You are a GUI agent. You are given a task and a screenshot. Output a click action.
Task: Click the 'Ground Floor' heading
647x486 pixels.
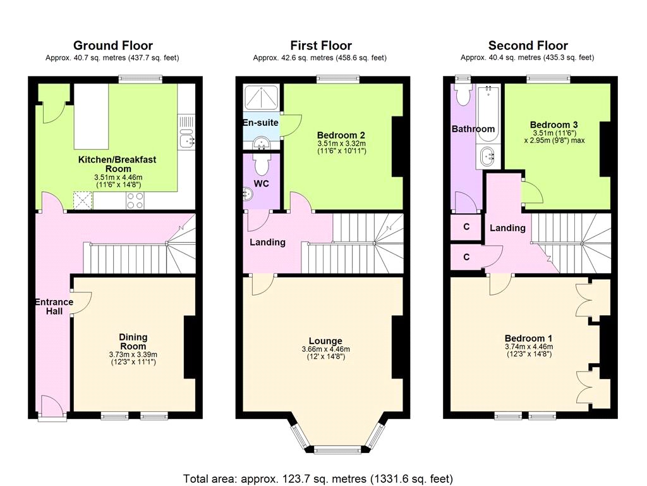(x=112, y=46)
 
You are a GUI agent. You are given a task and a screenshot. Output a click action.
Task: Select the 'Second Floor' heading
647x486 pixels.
(x=528, y=46)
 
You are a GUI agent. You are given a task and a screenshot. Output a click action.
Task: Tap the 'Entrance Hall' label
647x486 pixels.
(x=54, y=306)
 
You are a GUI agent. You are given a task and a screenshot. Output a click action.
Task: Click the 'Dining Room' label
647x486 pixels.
(x=133, y=342)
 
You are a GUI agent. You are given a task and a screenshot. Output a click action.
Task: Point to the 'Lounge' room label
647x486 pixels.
(x=325, y=341)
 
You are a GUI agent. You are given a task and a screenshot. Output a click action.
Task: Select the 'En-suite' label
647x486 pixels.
(x=260, y=122)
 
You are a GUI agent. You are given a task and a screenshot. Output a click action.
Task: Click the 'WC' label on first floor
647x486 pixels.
(x=262, y=184)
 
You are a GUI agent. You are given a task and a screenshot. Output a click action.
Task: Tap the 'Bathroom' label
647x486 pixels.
(x=473, y=129)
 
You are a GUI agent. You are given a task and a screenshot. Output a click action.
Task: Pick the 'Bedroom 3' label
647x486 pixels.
(x=553, y=125)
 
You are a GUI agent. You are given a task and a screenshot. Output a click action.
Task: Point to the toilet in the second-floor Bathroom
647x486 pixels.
(x=463, y=94)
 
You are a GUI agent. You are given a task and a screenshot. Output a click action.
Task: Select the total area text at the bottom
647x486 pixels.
(x=318, y=478)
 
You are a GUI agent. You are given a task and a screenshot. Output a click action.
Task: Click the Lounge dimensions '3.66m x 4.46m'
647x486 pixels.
(x=325, y=349)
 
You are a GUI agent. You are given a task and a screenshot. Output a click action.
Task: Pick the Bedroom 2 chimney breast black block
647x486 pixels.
(x=397, y=146)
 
